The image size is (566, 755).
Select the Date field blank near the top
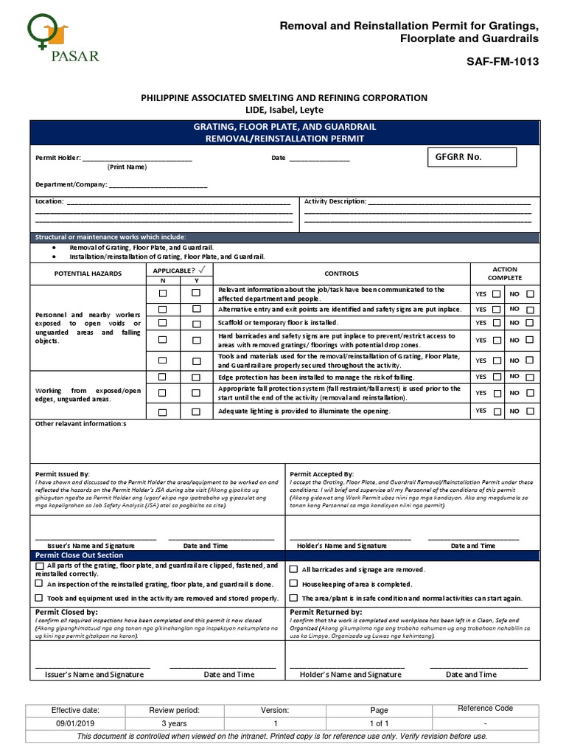pos(318,159)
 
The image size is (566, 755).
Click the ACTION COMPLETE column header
pos(505,274)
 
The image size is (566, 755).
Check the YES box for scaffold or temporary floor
pos(497,323)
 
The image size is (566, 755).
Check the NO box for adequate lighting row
pos(530,411)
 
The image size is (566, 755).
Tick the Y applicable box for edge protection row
pos(196,377)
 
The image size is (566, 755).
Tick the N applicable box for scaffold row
pos(162,323)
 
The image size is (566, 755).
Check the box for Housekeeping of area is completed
pos(294,584)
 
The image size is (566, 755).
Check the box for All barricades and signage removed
pos(294,570)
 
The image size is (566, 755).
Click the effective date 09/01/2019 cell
pos(74,724)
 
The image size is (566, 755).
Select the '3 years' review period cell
pos(174,724)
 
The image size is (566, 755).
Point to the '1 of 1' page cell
pos(379,724)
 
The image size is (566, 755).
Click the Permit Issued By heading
pos(63,473)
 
